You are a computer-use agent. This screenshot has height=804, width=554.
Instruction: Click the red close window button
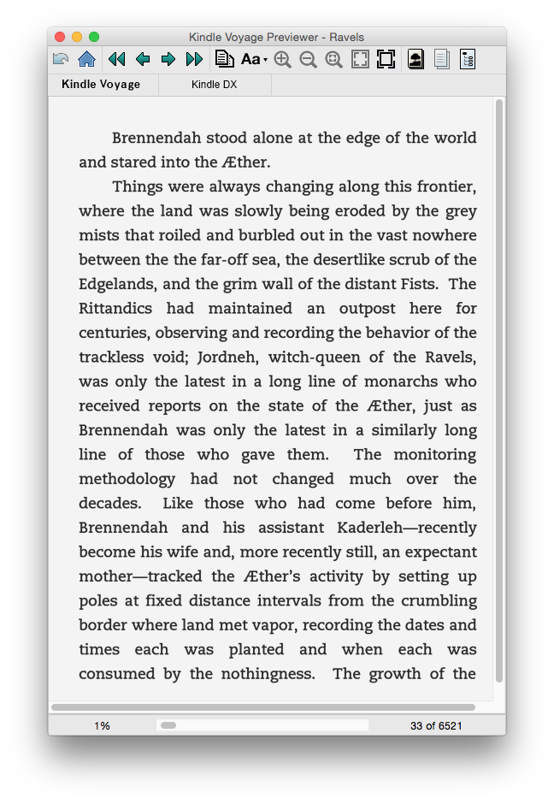[60, 37]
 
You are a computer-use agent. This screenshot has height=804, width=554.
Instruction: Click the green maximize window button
[94, 37]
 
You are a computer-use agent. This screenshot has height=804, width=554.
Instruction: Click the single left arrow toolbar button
[143, 59]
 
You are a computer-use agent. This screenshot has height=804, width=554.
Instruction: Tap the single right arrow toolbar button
[168, 59]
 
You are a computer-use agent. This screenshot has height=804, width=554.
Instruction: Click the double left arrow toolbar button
[117, 59]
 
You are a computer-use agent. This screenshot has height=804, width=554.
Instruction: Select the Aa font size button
[253, 59]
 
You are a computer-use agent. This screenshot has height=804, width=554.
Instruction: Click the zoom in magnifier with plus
[282, 59]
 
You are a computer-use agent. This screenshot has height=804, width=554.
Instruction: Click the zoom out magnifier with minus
[308, 59]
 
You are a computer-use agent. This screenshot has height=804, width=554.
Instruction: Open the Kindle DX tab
[214, 85]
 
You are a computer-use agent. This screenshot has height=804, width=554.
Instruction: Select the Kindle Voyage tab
[101, 85]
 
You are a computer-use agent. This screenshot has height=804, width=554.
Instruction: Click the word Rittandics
[115, 308]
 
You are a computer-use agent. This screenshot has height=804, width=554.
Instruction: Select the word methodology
[127, 478]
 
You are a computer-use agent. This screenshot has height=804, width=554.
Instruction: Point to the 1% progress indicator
[102, 725]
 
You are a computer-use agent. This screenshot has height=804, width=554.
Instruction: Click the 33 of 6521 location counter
[436, 725]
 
